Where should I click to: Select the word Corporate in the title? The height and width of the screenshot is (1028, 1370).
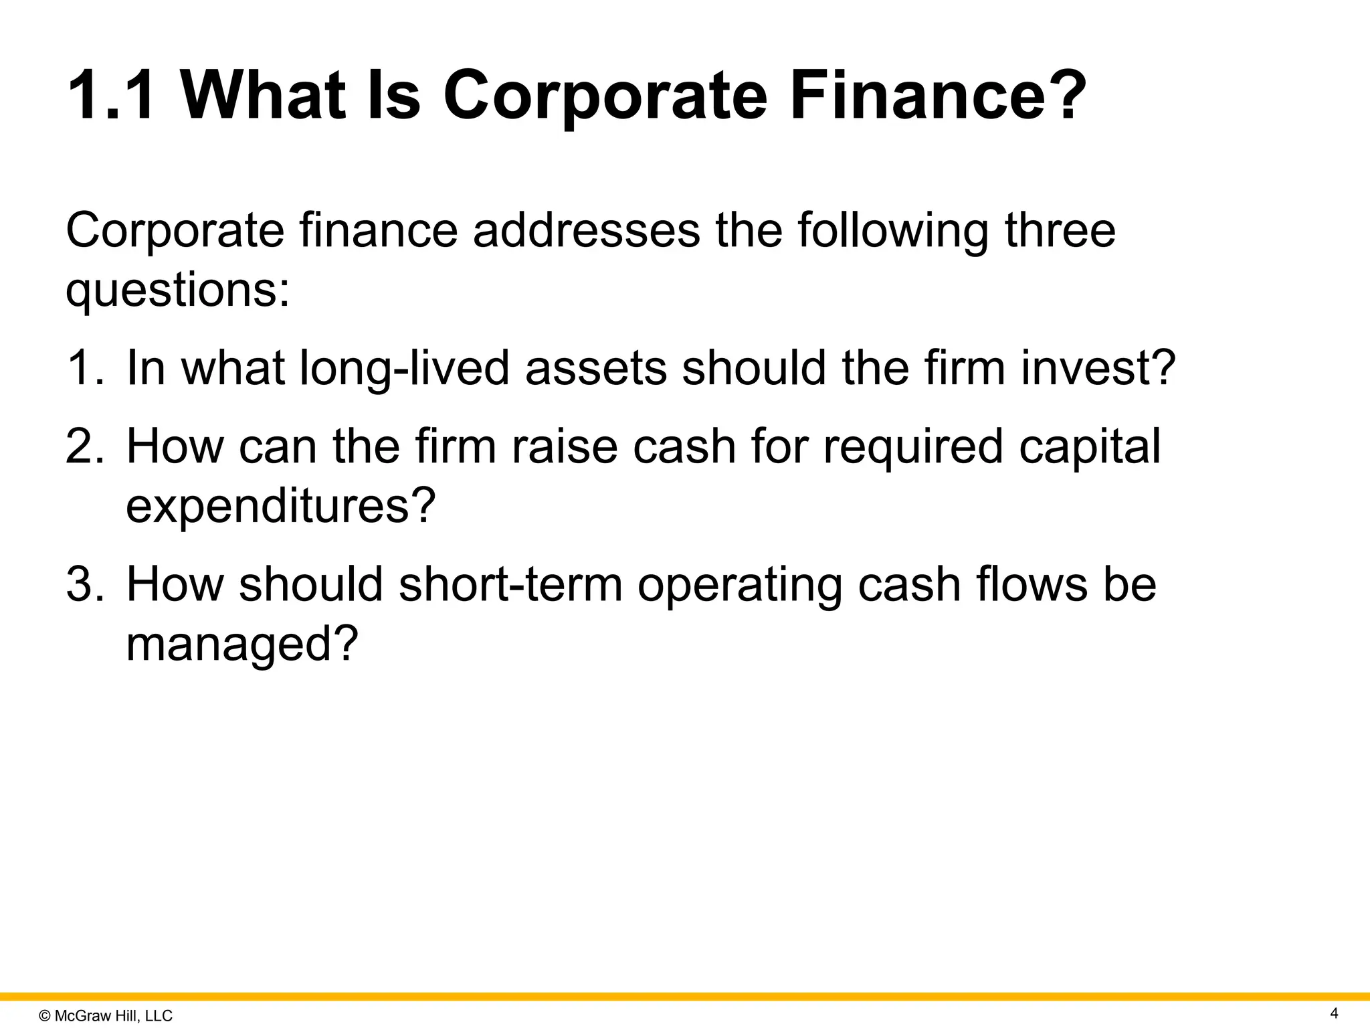click(605, 96)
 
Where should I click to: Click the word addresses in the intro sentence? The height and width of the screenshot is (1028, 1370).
click(587, 230)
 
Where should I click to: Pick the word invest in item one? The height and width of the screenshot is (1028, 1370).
click(1097, 368)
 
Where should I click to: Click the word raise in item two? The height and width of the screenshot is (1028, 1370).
click(565, 447)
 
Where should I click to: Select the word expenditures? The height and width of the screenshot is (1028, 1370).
click(280, 506)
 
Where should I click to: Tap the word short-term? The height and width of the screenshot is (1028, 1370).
click(510, 584)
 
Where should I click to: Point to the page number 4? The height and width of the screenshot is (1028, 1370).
click(1334, 1013)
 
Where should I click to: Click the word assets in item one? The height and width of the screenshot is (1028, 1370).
click(596, 368)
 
